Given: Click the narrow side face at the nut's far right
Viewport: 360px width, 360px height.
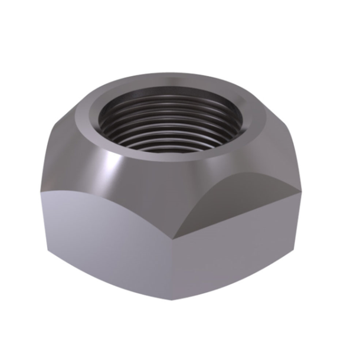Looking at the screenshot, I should click(x=303, y=218).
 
